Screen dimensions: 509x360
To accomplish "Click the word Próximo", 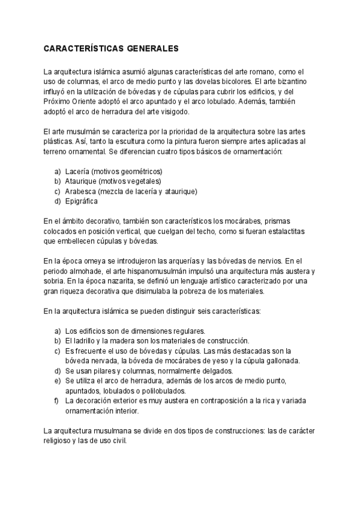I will point(58,101).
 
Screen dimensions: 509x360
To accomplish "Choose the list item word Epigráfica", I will point(81,202).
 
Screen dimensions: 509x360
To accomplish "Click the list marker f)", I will point(56,401).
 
